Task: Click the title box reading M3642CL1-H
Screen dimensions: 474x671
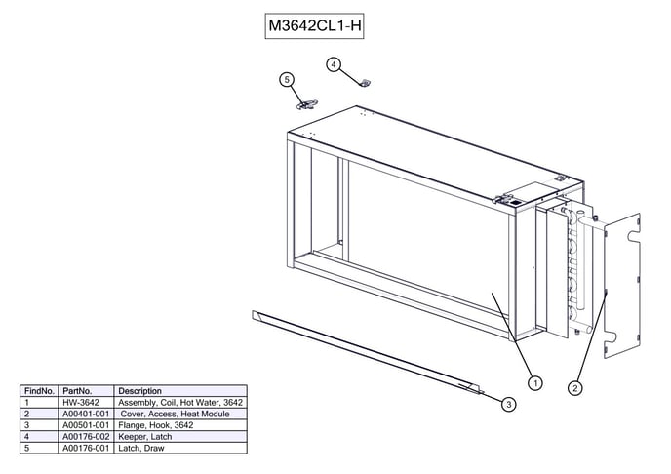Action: point(315,26)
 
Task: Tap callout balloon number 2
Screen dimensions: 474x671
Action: point(575,387)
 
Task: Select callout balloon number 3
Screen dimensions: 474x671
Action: point(509,404)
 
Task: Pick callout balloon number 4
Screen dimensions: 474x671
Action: point(334,64)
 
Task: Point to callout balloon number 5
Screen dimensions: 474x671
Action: point(287,79)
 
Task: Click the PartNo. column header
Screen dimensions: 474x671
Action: point(77,391)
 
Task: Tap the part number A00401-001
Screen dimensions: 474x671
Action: point(83,414)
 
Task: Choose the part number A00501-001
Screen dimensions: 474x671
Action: point(83,425)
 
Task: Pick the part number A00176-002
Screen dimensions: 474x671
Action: point(83,436)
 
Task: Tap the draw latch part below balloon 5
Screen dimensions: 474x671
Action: point(306,101)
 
